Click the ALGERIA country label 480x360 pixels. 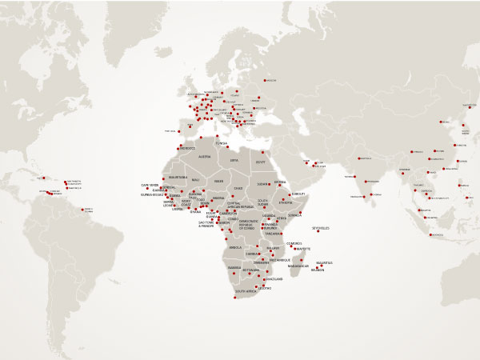coord(204,157)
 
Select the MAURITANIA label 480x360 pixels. coord(178,177)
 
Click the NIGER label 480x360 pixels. coord(218,182)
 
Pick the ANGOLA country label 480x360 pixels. coord(235,248)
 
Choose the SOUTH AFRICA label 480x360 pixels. coord(245,302)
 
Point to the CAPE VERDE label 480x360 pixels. coord(150,186)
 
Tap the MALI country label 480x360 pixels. coord(196,180)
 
